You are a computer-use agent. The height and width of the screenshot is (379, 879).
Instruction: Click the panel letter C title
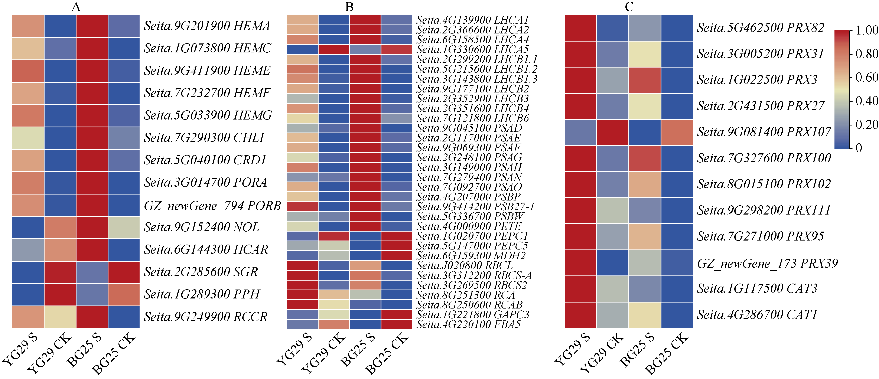[629, 7]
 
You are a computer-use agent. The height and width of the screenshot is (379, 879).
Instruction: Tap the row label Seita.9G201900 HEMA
[207, 26]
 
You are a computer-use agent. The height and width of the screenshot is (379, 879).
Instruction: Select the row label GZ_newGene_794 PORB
[212, 206]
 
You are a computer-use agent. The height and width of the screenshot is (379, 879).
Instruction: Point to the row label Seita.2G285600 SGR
[201, 272]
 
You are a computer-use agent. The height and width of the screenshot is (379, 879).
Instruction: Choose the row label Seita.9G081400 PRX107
[764, 132]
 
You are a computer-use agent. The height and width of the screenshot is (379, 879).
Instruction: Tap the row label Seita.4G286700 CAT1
[757, 314]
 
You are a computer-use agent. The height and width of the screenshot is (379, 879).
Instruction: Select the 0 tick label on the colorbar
[859, 148]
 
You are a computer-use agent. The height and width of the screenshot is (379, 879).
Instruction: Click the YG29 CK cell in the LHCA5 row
[333, 49]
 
